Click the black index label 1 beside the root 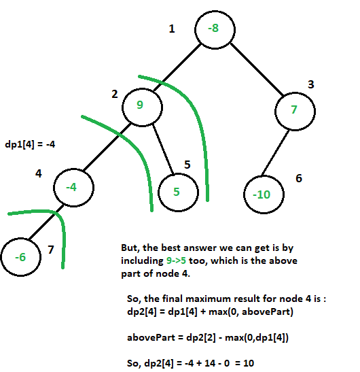172,29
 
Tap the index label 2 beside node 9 115,94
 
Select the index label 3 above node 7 311,84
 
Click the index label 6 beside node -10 299,178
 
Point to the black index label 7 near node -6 51,250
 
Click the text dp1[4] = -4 30,144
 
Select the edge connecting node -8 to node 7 257,69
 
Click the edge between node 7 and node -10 275,153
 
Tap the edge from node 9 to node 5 163,149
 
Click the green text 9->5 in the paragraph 176,260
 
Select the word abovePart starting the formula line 151,337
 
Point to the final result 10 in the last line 249,363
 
